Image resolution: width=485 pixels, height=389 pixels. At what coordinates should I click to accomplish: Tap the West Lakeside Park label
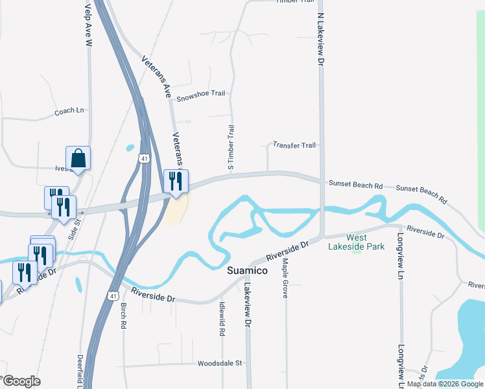point(356,242)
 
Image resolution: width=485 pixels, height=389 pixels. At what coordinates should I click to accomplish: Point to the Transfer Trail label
point(294,145)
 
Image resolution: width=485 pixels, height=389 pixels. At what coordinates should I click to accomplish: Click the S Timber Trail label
point(230,148)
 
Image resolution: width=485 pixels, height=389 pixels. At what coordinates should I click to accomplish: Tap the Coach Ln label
point(69,112)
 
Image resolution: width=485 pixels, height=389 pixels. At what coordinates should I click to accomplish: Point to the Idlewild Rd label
point(222,318)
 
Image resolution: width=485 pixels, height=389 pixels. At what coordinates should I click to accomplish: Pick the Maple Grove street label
point(285,278)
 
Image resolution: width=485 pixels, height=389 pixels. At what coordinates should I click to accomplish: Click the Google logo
point(21,381)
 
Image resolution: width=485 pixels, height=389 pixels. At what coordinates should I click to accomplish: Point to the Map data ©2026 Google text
point(445,384)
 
